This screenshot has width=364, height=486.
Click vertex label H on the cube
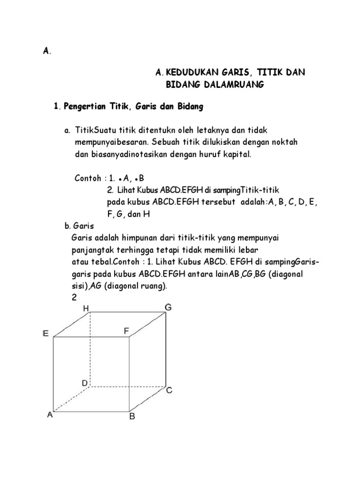tap(86, 308)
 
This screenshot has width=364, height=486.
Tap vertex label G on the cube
tap(168, 307)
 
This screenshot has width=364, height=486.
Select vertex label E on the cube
tap(45, 334)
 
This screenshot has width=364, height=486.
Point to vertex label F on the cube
tap(127, 331)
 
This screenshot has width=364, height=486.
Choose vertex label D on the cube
tap(84, 383)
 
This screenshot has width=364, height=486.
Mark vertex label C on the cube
tap(169, 390)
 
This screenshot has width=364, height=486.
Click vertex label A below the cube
tap(50, 414)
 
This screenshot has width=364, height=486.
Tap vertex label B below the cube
tap(132, 417)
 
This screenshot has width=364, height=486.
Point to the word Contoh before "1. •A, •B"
tap(88, 179)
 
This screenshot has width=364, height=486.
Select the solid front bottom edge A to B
tap(92, 411)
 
